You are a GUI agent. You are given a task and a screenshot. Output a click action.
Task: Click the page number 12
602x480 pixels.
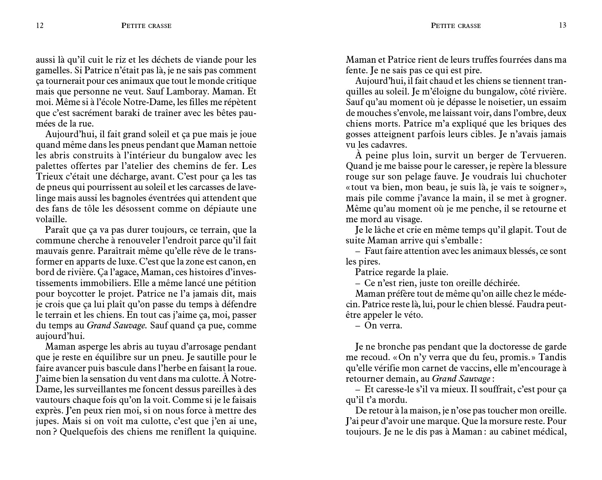click(x=40, y=26)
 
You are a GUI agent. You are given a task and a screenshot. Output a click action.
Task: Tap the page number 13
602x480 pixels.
click(x=562, y=25)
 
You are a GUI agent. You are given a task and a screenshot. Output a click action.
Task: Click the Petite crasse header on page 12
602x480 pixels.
click(x=146, y=26)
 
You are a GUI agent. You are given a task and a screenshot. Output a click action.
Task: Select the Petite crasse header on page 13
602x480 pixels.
click(x=455, y=26)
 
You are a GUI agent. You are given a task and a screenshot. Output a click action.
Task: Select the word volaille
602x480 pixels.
click(x=51, y=219)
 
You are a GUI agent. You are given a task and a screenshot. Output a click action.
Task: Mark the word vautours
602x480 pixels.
click(x=53, y=400)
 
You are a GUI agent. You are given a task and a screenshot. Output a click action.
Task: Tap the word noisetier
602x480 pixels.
click(x=494, y=102)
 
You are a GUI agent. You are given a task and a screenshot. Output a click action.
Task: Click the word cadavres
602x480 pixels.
click(x=387, y=145)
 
